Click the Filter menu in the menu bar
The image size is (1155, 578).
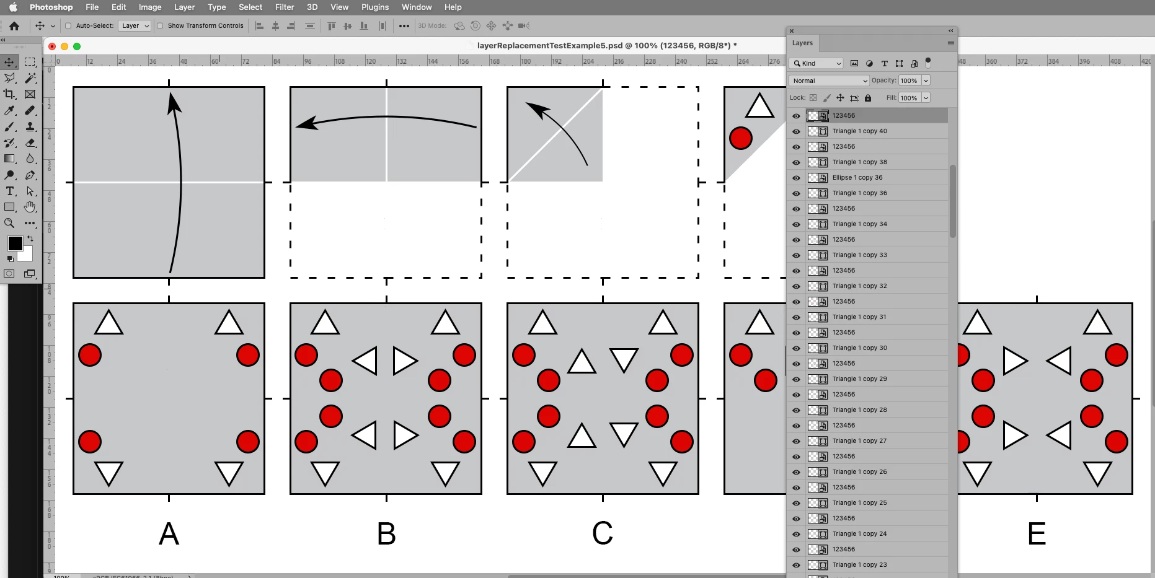pyautogui.click(x=285, y=7)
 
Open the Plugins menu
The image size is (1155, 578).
pyautogui.click(x=375, y=7)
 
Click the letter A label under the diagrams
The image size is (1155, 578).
pyautogui.click(x=169, y=533)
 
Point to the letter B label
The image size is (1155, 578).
pyautogui.click(x=386, y=533)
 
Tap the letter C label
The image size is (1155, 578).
pyautogui.click(x=603, y=533)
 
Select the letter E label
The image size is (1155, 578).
pyautogui.click(x=1037, y=533)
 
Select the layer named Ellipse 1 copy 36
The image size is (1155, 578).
pyautogui.click(x=857, y=178)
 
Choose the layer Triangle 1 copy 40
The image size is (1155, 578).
pyautogui.click(x=860, y=131)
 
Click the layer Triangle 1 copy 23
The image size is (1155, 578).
pyautogui.click(x=860, y=565)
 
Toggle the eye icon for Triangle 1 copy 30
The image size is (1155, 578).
pyautogui.click(x=796, y=348)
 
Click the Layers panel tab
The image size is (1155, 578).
pyautogui.click(x=802, y=43)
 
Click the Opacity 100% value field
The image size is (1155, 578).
pyautogui.click(x=909, y=81)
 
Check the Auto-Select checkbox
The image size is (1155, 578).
pyautogui.click(x=68, y=26)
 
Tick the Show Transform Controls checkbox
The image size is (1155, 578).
pyautogui.click(x=160, y=26)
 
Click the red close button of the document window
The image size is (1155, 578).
pyautogui.click(x=52, y=46)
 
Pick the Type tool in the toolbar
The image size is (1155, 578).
pyautogui.click(x=10, y=191)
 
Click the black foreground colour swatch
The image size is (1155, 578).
pyautogui.click(x=15, y=243)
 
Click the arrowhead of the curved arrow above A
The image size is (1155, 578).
pyautogui.click(x=174, y=102)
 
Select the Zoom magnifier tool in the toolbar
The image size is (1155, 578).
pyautogui.click(x=9, y=223)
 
